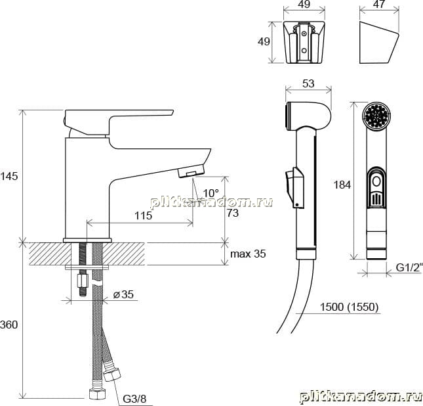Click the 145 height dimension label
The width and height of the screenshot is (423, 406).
[x=9, y=176]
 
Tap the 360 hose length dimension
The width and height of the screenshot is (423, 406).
[x=9, y=325]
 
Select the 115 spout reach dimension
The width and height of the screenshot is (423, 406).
[x=143, y=215]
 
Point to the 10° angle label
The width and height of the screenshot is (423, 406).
[x=211, y=193]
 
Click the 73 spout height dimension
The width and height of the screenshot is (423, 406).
[x=233, y=213]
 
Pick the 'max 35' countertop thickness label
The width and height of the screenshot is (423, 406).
[x=248, y=254]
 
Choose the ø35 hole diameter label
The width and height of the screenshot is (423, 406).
[x=123, y=294]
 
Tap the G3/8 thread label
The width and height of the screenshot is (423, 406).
[x=134, y=399]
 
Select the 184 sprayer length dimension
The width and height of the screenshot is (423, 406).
[x=342, y=185]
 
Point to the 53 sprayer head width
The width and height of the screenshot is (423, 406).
[x=308, y=83]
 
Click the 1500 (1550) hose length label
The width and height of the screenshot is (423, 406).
[x=349, y=307]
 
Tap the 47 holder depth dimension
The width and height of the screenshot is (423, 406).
[x=379, y=4]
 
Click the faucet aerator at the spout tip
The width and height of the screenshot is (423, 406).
[x=191, y=171]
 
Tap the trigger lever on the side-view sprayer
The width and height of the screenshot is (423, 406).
[x=294, y=187]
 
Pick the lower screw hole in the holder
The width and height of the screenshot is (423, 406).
[x=304, y=51]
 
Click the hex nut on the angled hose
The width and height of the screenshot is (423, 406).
[x=112, y=374]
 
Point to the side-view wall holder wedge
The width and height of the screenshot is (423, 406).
[x=379, y=42]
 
